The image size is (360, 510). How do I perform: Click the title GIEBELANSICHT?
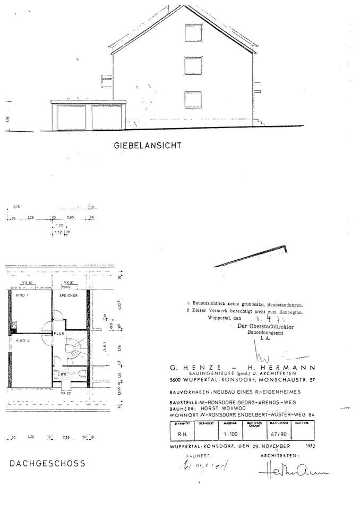pos(147,144)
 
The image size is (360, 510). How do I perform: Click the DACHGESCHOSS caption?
pos(47,463)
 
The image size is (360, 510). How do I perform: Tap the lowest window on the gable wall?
pos(192,99)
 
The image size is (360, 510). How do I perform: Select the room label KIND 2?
pos(21,339)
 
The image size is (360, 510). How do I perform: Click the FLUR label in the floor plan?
pos(58,333)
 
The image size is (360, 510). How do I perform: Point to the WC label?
pos(63,374)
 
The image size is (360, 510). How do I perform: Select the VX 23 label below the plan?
pos(66,393)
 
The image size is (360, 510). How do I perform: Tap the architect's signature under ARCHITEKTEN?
pos(292,472)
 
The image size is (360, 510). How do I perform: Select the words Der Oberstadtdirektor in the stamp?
pos(269,327)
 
